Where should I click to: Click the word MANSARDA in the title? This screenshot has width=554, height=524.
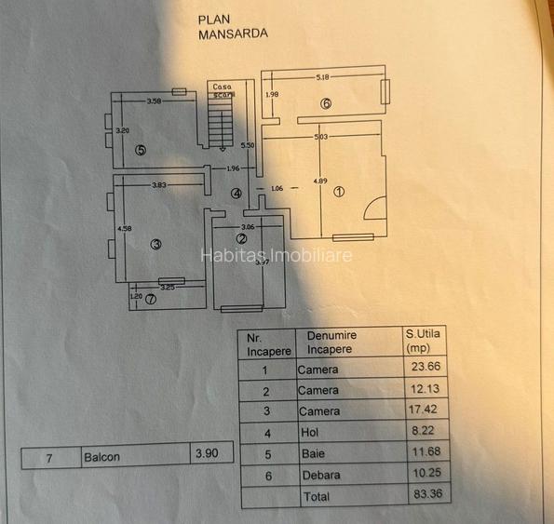tap(233, 33)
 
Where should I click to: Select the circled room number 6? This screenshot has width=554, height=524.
tap(326, 103)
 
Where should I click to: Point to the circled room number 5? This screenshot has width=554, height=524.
tap(140, 149)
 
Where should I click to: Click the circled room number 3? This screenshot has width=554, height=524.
tap(155, 244)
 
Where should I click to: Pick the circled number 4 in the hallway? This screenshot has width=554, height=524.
tap(236, 194)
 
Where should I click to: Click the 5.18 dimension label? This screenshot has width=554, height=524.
tap(323, 77)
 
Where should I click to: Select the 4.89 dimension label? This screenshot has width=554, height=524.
tap(319, 180)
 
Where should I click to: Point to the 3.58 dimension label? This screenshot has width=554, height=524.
tap(155, 101)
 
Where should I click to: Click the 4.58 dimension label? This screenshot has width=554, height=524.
tap(122, 227)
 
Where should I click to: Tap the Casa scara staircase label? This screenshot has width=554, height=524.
tap(223, 90)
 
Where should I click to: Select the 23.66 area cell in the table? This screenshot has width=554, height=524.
tap(425, 369)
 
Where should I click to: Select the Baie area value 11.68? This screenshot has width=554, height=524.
tap(425, 453)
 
